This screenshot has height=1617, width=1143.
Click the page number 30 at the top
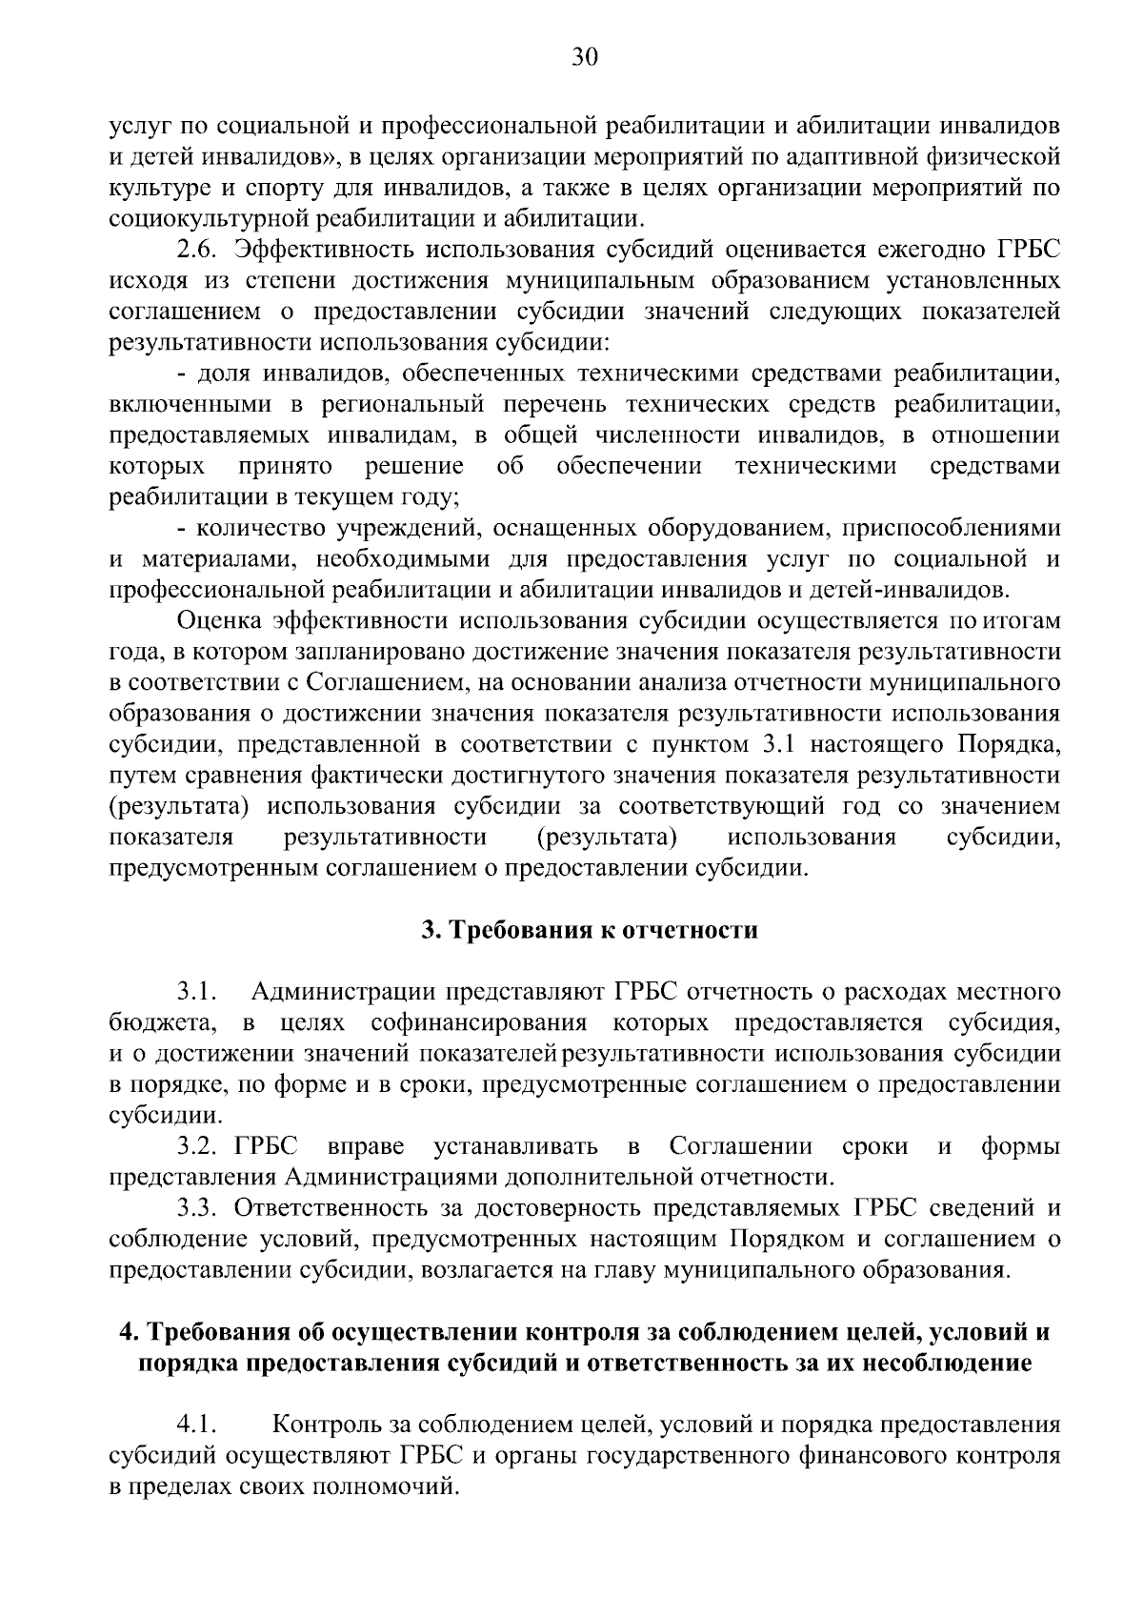(584, 58)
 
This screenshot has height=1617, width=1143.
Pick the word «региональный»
(404, 404)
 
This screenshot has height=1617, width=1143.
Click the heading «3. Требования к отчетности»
(591, 930)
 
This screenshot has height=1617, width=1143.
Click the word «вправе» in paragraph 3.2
(365, 1145)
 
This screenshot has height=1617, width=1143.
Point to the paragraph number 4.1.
(197, 1425)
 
